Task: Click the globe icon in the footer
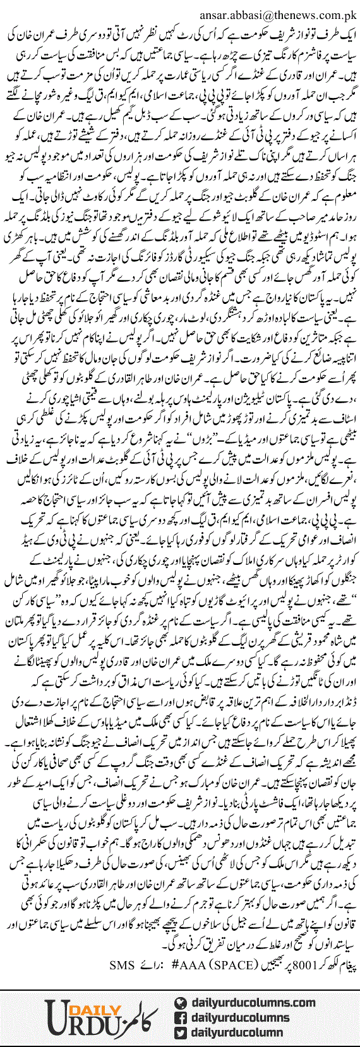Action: pos(179,1002)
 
